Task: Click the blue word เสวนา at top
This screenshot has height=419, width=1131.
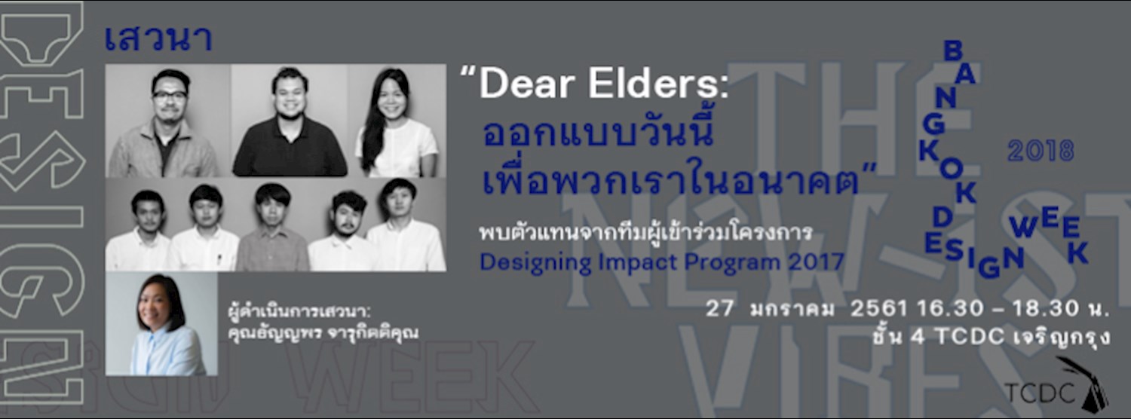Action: (158, 38)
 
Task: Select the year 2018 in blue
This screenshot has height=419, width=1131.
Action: (1040, 151)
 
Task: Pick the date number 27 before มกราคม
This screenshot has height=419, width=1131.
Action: (721, 310)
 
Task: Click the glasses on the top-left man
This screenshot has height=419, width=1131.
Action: (170, 96)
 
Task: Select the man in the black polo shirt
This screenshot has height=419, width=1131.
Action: (290, 124)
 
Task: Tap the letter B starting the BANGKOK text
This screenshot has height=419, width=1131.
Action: (952, 51)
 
